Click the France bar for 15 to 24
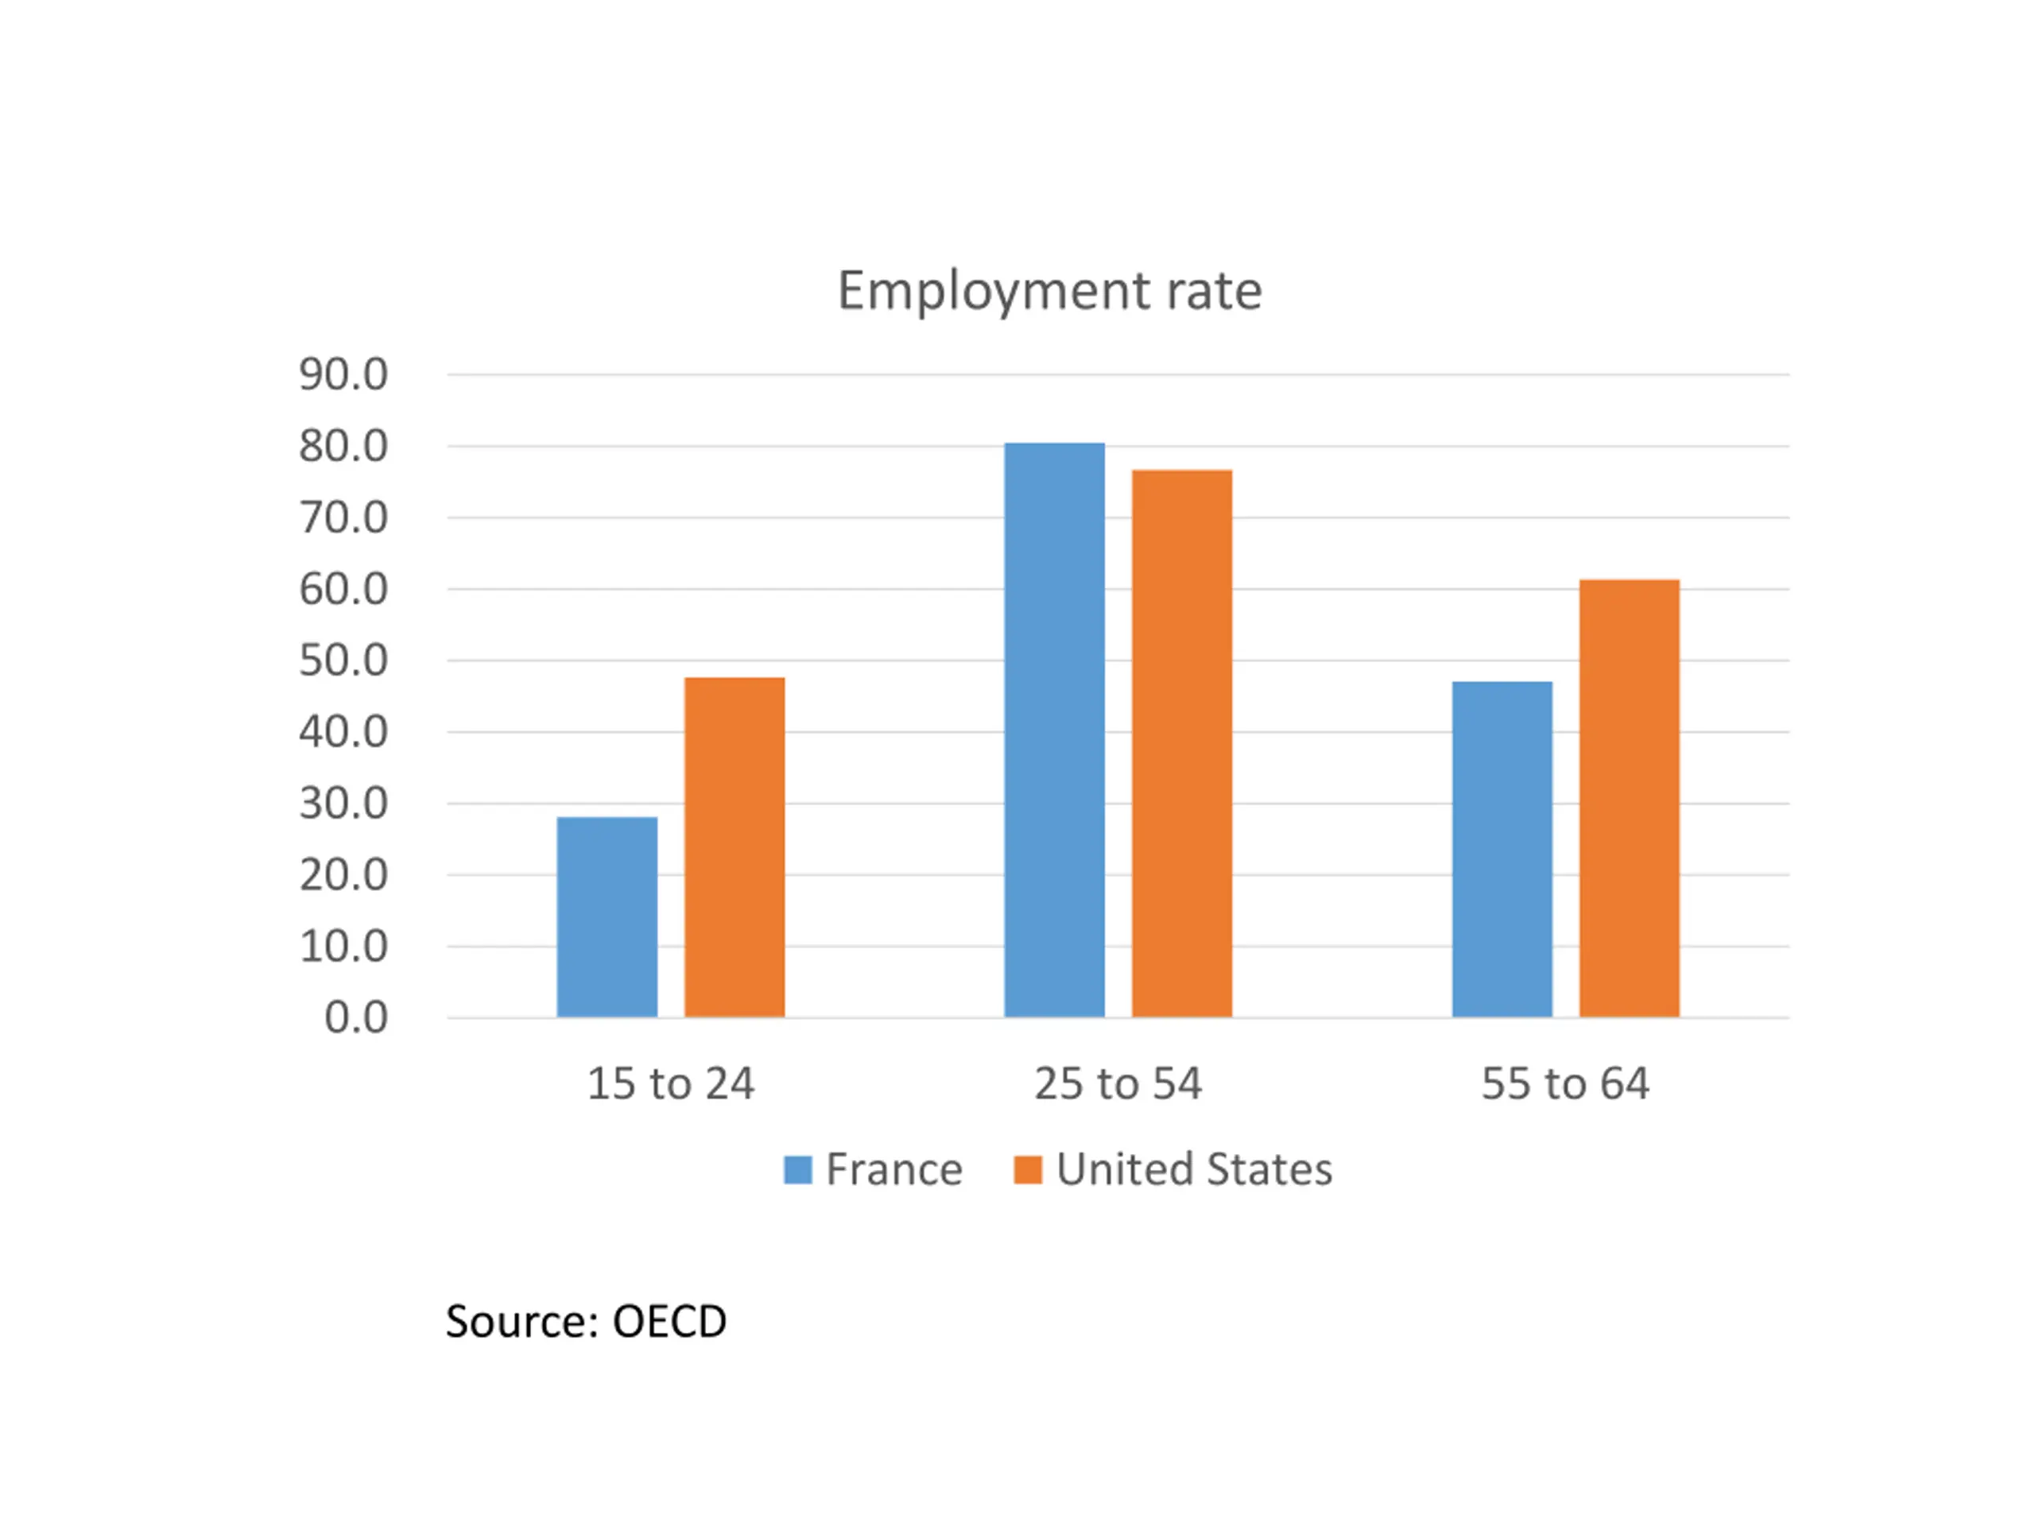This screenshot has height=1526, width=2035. coord(607,916)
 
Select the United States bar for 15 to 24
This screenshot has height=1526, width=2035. coord(735,846)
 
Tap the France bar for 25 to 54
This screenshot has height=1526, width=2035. coord(1054,730)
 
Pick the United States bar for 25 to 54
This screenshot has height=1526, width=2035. coord(1181,743)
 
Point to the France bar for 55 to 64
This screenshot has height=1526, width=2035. coord(1502,848)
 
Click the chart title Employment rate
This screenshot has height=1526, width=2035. coord(1049,292)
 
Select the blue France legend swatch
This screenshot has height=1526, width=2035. coord(797,1170)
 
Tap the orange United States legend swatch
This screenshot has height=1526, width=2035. coord(1027,1170)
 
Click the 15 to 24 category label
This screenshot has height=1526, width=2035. coord(671,1083)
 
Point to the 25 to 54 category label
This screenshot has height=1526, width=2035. coord(1118,1083)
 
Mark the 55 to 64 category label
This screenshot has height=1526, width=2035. coord(1565,1083)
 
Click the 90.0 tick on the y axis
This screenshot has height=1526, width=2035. coord(343,375)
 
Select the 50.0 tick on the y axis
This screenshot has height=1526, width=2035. coord(343,660)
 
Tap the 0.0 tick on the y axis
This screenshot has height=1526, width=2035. coord(356,1018)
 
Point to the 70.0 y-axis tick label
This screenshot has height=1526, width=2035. coord(343,518)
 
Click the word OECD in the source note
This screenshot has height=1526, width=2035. coord(669,1322)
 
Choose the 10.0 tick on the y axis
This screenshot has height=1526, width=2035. coord(343,947)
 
